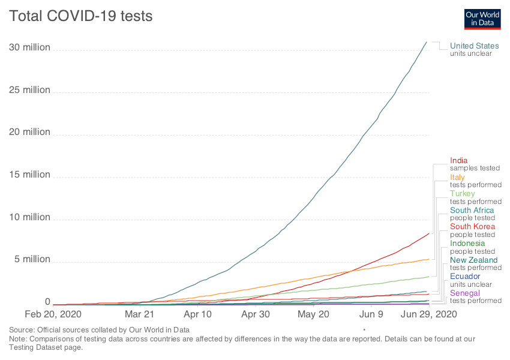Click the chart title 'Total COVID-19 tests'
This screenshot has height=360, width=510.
point(80,16)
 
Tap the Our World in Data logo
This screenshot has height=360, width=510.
point(482,19)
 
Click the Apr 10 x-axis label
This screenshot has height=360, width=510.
point(198,314)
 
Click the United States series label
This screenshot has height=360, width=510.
point(474,46)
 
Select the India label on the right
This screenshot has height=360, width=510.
point(459,160)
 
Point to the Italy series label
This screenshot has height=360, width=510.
point(457,177)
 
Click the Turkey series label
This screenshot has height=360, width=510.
point(462,194)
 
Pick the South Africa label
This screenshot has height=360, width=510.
point(472,211)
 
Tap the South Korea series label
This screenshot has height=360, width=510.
point(472,227)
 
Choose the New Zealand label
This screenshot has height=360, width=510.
point(473,260)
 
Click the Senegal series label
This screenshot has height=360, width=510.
point(464,293)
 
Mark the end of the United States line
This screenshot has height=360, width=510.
point(427,42)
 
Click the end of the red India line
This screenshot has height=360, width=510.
point(428,233)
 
